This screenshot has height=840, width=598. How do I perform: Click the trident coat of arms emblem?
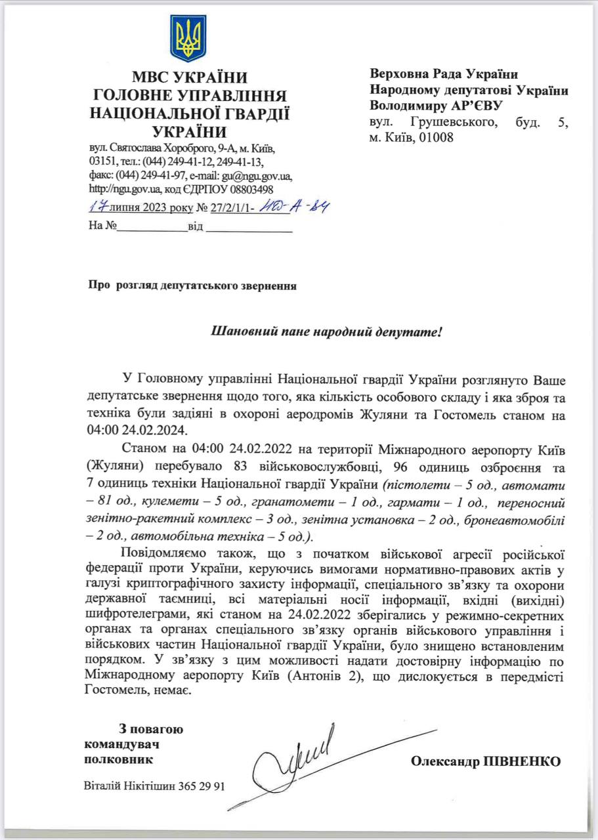(x=188, y=39)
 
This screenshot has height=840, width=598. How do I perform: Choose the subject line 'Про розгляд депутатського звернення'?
(x=192, y=286)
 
